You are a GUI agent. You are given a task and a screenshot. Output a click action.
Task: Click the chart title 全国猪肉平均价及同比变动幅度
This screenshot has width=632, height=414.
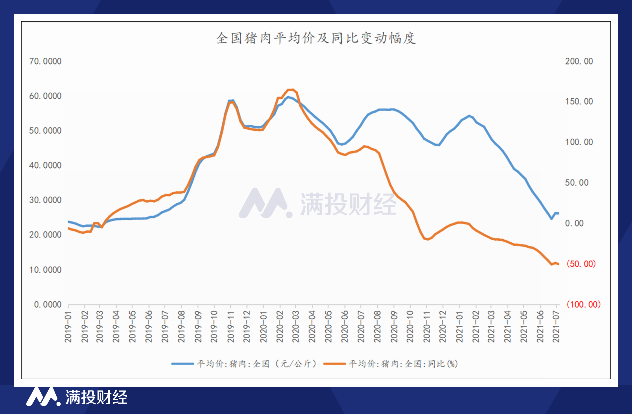pos(316,38)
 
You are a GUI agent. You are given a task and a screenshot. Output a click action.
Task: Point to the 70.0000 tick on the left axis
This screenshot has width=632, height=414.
pos(45,61)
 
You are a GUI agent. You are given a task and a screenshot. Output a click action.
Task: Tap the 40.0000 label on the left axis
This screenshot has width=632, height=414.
pos(45,165)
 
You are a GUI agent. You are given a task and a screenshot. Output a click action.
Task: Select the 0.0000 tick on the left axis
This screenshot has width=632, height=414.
pos(47,304)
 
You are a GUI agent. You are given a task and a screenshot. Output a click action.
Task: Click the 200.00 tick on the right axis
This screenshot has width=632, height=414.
pos(579,61)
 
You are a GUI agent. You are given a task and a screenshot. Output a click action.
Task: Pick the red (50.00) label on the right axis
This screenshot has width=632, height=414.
pos(581,264)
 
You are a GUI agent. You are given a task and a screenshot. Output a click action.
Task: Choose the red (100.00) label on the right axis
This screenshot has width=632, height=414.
pos(583,304)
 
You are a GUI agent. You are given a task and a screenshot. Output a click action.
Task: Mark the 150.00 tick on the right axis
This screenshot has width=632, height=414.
pos(579,101)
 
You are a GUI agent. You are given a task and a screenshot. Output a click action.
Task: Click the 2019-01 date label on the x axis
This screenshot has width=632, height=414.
pos(68,327)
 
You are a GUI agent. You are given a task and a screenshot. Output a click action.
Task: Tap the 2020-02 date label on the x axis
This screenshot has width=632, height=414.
pos(280,327)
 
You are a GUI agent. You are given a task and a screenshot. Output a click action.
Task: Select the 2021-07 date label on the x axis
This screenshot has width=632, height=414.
pos(556,327)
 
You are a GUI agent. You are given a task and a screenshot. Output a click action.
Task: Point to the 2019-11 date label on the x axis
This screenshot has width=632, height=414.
pos(231,327)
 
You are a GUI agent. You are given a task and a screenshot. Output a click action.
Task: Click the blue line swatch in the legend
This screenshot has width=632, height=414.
pos(182,364)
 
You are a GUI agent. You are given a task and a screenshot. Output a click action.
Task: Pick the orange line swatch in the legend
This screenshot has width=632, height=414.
pos(334,364)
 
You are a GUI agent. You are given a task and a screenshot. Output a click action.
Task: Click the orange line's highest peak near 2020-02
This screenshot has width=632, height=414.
pos(291,90)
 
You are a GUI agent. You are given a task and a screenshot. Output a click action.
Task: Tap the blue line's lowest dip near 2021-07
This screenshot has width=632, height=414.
pos(551,219)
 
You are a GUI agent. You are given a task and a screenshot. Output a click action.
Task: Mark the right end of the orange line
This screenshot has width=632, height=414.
pos(559,264)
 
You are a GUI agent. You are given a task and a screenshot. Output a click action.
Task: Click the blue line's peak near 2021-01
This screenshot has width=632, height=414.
pos(469,116)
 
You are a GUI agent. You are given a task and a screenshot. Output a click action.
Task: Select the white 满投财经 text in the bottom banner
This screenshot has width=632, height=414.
pos(96,397)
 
